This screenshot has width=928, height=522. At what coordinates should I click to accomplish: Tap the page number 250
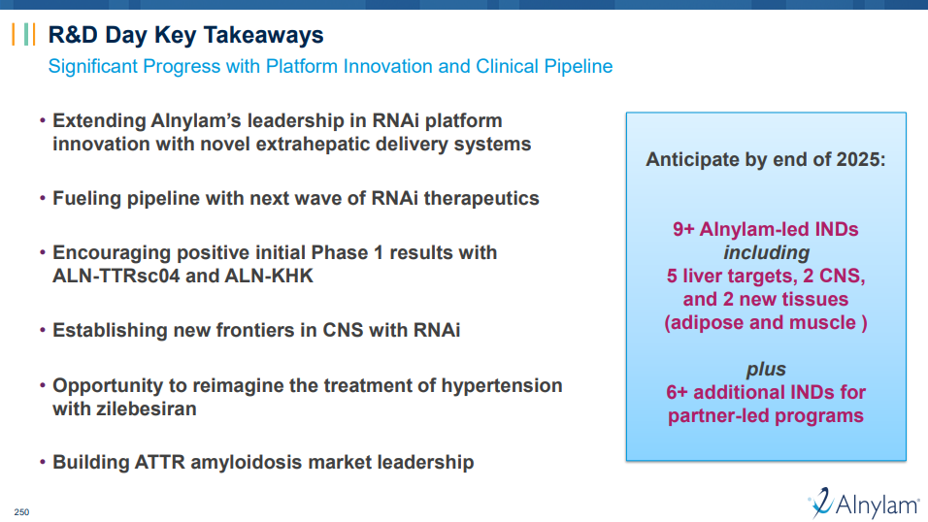[22, 512]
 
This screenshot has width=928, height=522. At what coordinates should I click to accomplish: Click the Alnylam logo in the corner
[864, 503]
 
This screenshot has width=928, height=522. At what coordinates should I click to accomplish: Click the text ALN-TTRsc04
[116, 276]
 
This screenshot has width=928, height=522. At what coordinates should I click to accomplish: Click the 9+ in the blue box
[683, 229]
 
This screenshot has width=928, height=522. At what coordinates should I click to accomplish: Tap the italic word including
[766, 252]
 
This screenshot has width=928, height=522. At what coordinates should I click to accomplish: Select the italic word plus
[766, 370]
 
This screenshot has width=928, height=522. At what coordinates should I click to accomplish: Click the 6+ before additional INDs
[677, 392]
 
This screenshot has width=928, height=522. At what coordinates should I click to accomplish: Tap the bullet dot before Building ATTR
[43, 462]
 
